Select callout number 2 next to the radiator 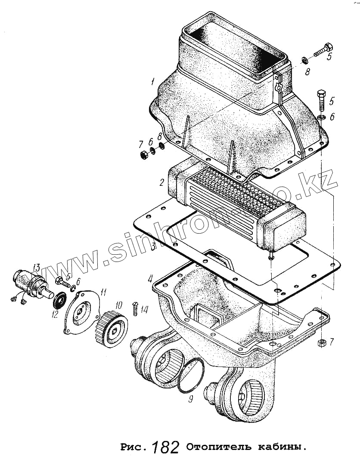click(x=161, y=182)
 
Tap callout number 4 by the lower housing click(x=150, y=278)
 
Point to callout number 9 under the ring click(x=191, y=399)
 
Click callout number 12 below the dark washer click(x=55, y=314)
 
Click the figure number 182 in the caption click(x=166, y=447)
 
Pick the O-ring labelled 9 click(x=190, y=375)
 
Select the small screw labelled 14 click(x=134, y=308)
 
